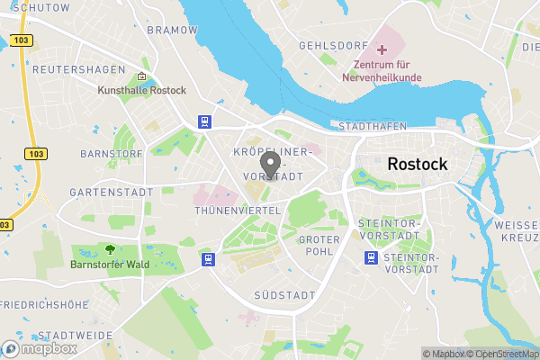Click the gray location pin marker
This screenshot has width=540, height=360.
(x=269, y=165)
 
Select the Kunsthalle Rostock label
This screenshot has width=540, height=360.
(x=142, y=91)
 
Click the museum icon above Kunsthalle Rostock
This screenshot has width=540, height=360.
(x=142, y=77)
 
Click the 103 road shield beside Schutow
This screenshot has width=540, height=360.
(x=24, y=40)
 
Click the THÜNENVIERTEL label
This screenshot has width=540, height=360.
(x=238, y=210)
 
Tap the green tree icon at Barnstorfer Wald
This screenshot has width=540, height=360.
(x=110, y=249)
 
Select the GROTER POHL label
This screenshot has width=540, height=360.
(x=319, y=245)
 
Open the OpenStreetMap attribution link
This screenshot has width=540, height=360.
(x=504, y=354)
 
